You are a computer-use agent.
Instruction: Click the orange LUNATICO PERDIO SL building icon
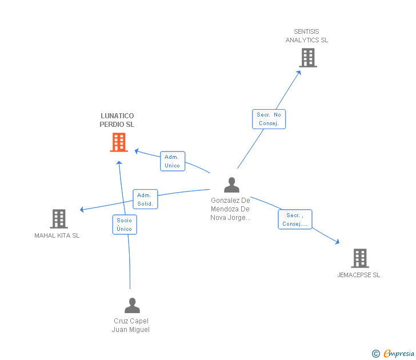click(x=118, y=142)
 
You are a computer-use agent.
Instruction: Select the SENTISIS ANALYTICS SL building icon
click(x=307, y=58)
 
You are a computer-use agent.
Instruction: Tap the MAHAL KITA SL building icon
click(x=58, y=218)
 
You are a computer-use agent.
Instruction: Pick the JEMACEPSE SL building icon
click(x=359, y=258)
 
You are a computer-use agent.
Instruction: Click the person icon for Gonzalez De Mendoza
click(x=231, y=185)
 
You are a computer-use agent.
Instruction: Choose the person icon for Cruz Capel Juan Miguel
click(x=132, y=306)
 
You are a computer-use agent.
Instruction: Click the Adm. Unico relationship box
click(x=172, y=161)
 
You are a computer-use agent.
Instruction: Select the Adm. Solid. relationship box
click(x=145, y=199)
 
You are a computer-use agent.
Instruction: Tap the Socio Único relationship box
click(x=124, y=225)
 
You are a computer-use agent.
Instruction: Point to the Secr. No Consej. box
click(x=269, y=119)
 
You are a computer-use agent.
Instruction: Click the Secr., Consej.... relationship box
click(x=295, y=219)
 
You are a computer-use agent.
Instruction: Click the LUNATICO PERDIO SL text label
click(x=117, y=120)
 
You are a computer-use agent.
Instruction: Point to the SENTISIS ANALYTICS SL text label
click(x=307, y=36)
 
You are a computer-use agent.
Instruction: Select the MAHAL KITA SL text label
click(x=57, y=235)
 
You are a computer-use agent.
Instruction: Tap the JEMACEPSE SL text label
click(x=359, y=275)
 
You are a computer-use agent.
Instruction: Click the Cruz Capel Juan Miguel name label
click(x=131, y=325)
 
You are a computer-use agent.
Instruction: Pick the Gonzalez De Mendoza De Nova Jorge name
click(x=230, y=209)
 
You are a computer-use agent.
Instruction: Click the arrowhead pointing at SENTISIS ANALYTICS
click(x=299, y=72)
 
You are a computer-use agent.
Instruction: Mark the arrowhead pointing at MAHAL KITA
click(x=82, y=210)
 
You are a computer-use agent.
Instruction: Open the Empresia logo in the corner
click(x=394, y=354)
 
